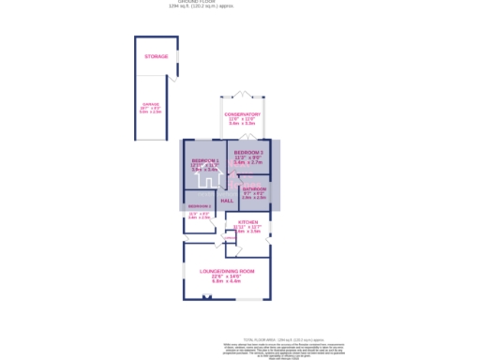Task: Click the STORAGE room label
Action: pos(156,57)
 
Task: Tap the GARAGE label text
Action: pos(151,104)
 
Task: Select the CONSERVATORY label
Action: pos(242,114)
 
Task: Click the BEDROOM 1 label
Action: pos(204,161)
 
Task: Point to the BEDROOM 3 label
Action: pos(248,153)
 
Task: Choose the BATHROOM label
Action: pos(254,188)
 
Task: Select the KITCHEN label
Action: pos(248,222)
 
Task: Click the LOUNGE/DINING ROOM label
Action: pos(227,271)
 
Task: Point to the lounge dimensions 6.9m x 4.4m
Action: pos(227,281)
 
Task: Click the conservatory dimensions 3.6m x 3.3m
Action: pos(242,123)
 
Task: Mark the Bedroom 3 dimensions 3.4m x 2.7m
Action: pos(248,162)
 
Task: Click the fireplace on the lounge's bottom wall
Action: pos(207,297)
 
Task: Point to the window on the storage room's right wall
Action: pos(176,57)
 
